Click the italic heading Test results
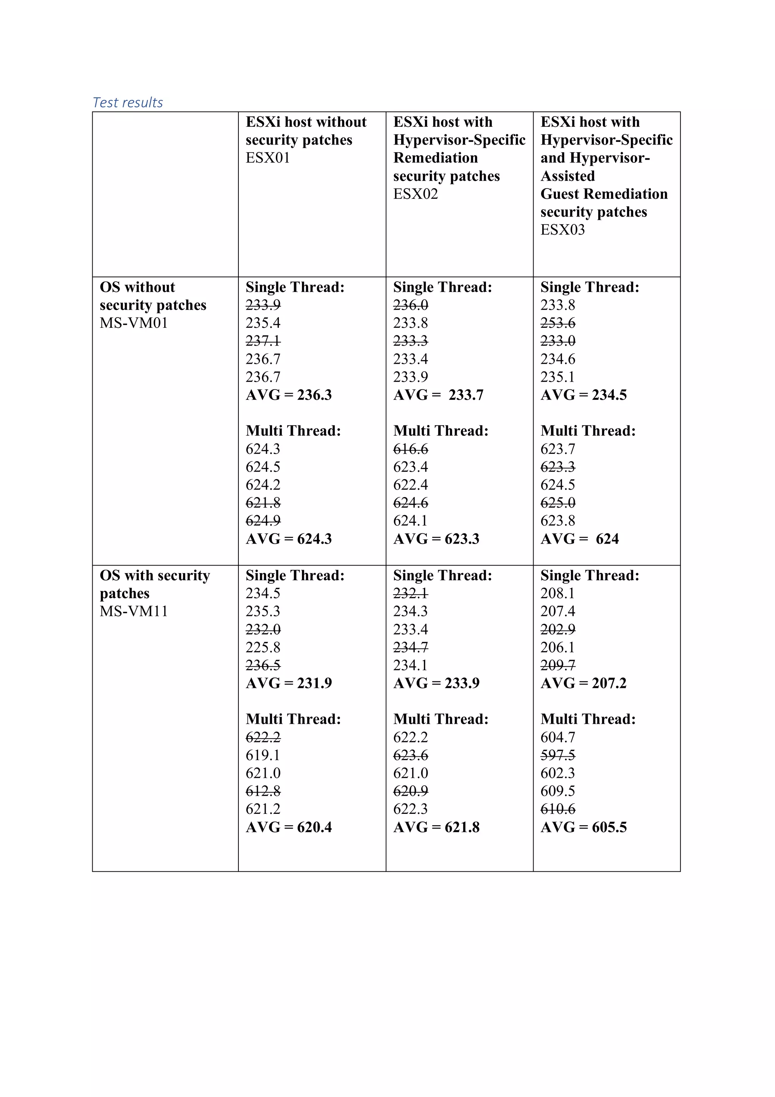(128, 102)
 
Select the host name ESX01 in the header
(268, 158)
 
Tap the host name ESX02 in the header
(415, 193)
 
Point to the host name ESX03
(562, 229)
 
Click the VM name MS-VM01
(134, 323)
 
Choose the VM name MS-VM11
(134, 611)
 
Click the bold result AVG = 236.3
(288, 395)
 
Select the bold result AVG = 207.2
(583, 683)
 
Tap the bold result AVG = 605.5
(583, 827)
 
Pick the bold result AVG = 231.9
(288, 683)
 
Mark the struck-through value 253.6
(558, 323)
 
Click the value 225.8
(263, 647)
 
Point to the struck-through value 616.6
(411, 449)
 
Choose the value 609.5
(558, 791)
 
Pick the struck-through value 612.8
(263, 791)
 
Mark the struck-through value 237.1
(263, 341)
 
